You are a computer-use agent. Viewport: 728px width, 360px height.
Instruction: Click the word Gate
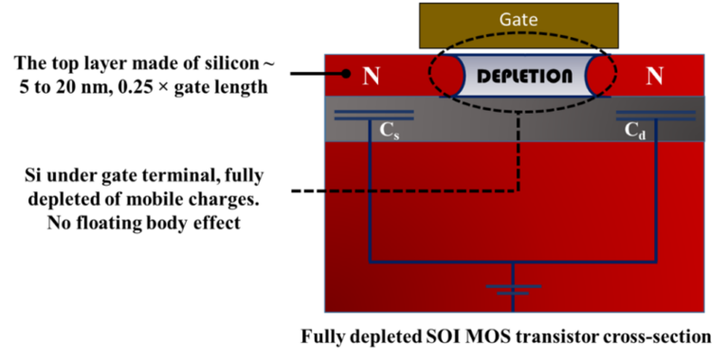[x=519, y=19]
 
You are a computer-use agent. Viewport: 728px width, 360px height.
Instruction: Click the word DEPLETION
[x=524, y=76]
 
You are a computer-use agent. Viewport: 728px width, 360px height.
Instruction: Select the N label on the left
[x=372, y=76]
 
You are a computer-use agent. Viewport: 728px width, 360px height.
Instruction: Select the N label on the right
[x=654, y=76]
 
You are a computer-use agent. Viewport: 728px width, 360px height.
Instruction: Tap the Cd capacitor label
[x=635, y=132]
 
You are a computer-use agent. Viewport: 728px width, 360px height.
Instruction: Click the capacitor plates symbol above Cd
[x=656, y=116]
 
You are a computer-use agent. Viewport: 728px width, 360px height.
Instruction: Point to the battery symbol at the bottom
[x=513, y=288]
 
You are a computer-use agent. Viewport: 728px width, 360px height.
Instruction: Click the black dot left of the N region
[x=345, y=73]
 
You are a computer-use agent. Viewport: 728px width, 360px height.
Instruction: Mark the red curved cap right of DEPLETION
[x=598, y=75]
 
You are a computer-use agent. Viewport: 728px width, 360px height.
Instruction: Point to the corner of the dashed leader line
[x=519, y=190]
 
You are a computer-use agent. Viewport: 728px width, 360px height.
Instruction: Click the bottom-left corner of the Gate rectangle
[x=422, y=46]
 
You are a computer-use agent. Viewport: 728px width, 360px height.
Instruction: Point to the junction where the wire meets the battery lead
[x=513, y=261]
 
